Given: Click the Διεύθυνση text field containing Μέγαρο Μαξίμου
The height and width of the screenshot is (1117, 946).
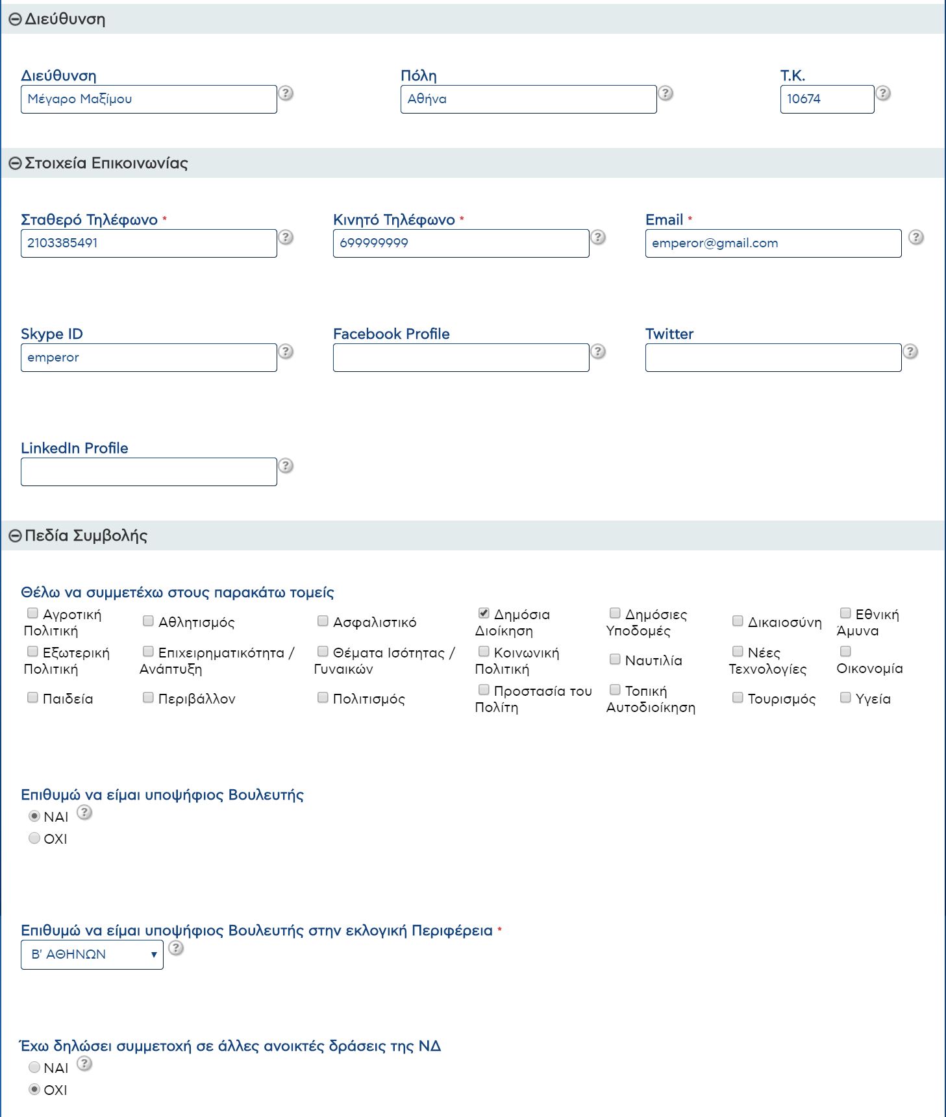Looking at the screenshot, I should tap(149, 99).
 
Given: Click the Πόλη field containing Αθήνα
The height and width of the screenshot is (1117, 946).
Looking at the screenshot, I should tap(528, 99).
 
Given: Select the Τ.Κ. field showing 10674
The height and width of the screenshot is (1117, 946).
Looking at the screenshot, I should tap(827, 99).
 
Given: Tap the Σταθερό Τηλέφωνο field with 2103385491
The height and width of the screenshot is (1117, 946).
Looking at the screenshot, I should tap(149, 243).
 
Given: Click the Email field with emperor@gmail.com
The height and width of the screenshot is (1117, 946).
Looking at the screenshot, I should tap(773, 243).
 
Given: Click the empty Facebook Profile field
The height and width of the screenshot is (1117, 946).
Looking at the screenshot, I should tap(460, 358).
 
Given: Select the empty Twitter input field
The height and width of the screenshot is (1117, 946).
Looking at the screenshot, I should tap(773, 358).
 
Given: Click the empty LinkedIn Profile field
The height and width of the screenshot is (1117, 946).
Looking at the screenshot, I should tap(149, 472).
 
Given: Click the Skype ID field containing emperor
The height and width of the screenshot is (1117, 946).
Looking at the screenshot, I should tap(149, 358).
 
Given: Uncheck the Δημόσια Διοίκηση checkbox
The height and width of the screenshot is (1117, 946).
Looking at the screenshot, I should tap(484, 613).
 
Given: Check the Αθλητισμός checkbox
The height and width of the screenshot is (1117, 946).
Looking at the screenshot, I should tap(148, 621).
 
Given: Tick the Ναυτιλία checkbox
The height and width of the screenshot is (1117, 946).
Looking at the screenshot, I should tap(615, 659).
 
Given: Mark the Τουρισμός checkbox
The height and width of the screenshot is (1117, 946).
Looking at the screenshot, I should tap(738, 698).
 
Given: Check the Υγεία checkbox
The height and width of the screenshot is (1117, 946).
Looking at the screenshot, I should tap(845, 698).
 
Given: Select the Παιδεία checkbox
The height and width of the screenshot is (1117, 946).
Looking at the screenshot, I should tap(32, 698).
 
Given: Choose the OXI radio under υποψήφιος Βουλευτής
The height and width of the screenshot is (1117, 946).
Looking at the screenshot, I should tap(34, 839).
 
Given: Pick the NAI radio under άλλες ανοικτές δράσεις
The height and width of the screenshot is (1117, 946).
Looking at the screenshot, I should tap(34, 1068).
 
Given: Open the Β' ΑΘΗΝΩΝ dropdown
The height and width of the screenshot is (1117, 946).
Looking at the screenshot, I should tap(92, 955).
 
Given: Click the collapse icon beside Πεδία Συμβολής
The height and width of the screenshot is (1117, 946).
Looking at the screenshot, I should tap(15, 536).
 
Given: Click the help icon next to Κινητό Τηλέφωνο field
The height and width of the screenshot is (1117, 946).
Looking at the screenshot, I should tap(598, 238).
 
